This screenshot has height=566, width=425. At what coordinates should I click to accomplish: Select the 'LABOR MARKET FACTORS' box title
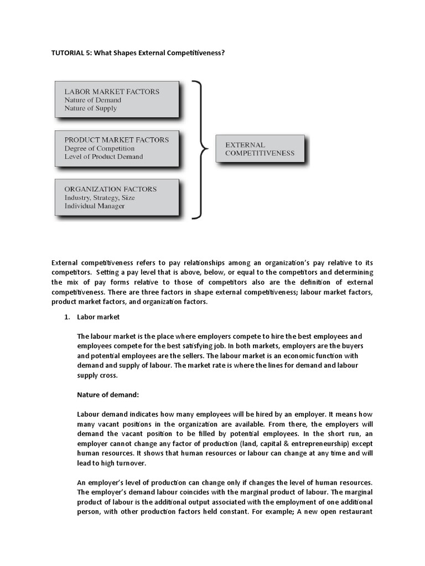pos(112,91)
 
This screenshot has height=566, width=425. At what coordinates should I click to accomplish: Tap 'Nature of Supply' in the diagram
pos(90,108)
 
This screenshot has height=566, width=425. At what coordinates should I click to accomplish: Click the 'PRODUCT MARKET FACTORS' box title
pos(116,140)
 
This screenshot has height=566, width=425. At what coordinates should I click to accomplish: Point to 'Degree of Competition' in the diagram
pos(99,148)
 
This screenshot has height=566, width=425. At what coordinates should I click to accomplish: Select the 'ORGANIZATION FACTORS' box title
pos(110,188)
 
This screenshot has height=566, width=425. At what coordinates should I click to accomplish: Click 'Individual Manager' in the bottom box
pos(94,206)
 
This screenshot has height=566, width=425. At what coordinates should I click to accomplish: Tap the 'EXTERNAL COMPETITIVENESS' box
pos(260,149)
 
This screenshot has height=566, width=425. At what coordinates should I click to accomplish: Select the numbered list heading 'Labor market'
pos(98,317)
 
